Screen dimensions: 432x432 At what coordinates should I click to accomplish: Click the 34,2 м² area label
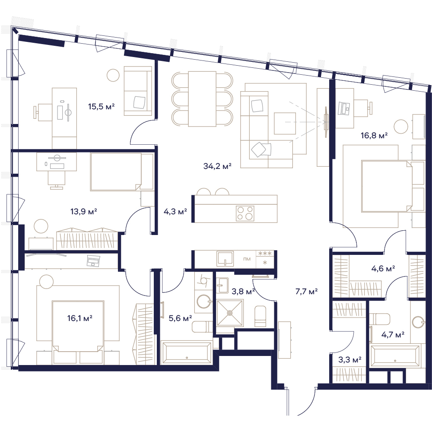(217, 166)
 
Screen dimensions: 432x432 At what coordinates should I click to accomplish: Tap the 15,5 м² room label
(101, 106)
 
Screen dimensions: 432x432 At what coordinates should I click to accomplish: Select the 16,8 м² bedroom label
(374, 135)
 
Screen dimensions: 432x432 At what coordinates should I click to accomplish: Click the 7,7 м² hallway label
(306, 291)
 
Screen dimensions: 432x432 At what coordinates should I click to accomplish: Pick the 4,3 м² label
(175, 212)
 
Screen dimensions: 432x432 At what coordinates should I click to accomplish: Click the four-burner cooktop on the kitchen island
(245, 213)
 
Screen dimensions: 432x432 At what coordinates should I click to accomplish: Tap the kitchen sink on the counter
(225, 258)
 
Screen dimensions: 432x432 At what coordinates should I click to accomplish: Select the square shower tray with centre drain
(230, 313)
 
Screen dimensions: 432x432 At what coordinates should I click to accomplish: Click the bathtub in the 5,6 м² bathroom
(187, 353)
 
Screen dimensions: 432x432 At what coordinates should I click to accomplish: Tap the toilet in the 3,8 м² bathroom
(260, 316)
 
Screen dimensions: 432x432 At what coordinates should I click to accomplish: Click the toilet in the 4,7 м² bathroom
(381, 319)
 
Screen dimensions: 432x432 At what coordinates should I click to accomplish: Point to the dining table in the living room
(202, 99)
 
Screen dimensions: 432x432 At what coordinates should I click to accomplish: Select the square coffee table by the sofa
(285, 123)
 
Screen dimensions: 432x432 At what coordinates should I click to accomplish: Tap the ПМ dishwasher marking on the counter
(247, 259)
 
